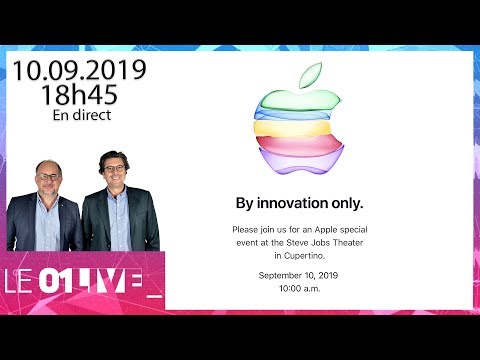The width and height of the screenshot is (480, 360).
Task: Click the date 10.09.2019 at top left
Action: [x=80, y=70]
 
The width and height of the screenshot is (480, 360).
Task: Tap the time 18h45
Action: [x=79, y=94]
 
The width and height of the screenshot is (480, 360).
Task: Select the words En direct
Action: [x=82, y=115]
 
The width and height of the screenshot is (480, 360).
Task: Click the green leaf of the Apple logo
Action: [x=310, y=75]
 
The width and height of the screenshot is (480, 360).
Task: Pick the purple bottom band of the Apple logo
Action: [x=301, y=162]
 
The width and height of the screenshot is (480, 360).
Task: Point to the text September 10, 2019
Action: [x=298, y=275]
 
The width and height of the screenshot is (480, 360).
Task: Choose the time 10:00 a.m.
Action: [x=300, y=288]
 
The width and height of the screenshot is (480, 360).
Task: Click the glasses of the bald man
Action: [x=49, y=177]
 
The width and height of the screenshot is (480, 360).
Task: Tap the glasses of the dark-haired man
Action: [x=114, y=168]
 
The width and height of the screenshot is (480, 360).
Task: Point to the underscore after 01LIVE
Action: [x=154, y=296]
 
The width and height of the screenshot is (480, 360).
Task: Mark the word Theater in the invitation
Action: [x=348, y=243]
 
